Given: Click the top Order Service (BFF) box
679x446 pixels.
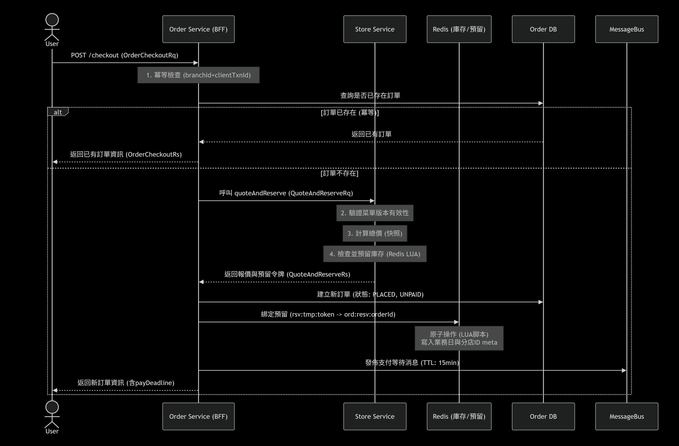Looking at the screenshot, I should pos(198,29).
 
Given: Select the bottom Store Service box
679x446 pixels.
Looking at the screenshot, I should pos(375,416).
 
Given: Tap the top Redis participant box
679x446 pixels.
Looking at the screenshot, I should pos(459,29).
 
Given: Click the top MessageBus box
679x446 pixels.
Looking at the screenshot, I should pos(627,29).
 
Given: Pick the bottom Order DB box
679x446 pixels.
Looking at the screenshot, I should pos(543,416).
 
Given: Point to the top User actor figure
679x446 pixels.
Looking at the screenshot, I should pos(52,27).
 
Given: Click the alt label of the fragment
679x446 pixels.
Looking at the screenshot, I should pos(58,112).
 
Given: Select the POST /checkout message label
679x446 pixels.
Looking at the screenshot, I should pos(124,55).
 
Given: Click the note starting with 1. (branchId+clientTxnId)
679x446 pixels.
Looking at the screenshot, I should pos(198,75).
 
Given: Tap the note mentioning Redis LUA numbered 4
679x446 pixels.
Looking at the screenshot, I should pos(375,254).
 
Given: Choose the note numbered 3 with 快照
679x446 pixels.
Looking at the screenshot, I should pos(375,233).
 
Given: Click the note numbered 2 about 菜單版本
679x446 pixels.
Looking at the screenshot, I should pos(375,213).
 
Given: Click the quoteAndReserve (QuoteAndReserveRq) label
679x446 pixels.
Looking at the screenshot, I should pos(286,193).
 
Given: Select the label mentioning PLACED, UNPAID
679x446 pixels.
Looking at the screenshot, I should pos(370,294).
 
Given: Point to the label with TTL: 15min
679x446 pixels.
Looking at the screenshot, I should pos(412,363).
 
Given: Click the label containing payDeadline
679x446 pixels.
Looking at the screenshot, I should pos(126,383).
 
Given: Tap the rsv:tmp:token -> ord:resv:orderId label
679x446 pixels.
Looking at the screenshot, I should pos(328,314).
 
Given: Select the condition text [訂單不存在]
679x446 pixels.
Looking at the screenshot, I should pos(339,173).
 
